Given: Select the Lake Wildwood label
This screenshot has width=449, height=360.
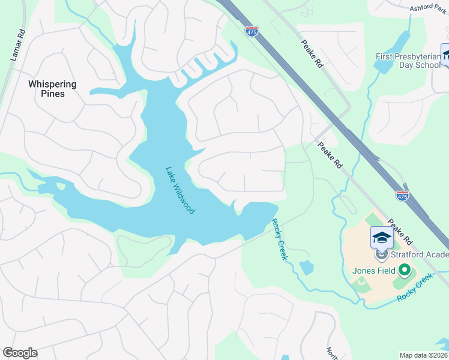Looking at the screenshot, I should tap(180, 190).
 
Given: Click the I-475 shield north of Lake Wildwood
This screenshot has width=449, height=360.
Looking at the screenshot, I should tap(252, 31).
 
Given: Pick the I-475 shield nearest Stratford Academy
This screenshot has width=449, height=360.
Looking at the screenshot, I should tap(403, 196).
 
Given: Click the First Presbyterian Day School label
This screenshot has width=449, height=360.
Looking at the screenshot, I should tap(408, 61).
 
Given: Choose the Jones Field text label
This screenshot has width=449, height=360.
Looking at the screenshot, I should tap(373, 271).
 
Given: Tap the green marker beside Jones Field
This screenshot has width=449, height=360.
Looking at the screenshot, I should tap(404, 271).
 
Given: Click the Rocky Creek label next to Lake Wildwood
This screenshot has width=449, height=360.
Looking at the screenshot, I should tap(280, 239).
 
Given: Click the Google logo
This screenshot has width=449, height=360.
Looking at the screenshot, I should tap(20, 353).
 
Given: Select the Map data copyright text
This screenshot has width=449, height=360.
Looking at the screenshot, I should tap(424, 355).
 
